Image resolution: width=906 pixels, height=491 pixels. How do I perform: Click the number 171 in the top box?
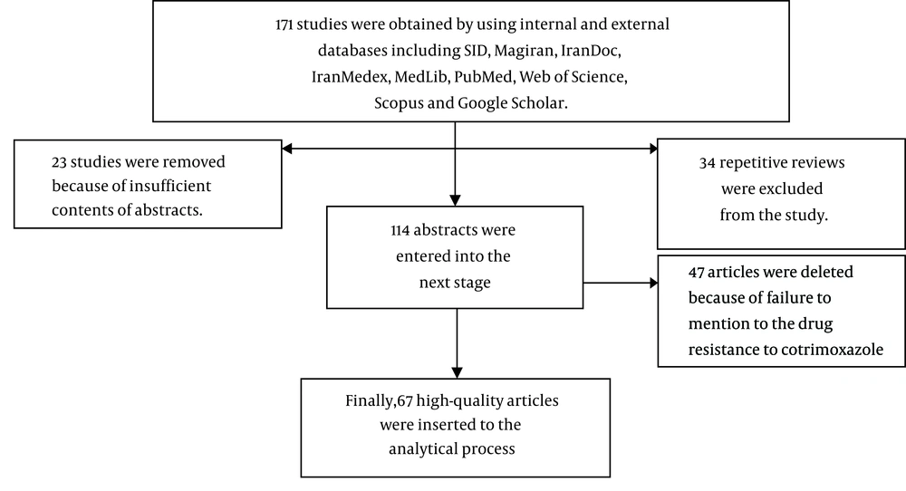click(x=284, y=24)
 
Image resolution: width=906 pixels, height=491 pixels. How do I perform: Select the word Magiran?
click(x=525, y=51)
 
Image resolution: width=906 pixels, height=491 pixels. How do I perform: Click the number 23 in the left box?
click(x=59, y=162)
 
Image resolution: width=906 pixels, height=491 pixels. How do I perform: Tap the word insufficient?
click(x=170, y=186)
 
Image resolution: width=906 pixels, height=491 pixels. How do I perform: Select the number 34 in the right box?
click(x=708, y=163)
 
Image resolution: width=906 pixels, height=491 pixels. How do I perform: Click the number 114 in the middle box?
click(x=400, y=230)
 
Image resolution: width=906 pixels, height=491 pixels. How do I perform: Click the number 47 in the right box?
click(x=696, y=272)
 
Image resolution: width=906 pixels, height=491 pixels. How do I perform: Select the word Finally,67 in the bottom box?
click(x=379, y=401)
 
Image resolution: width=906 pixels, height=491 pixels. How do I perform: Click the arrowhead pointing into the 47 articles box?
click(x=653, y=283)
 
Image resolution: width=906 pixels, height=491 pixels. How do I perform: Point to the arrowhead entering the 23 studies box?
click(x=286, y=149)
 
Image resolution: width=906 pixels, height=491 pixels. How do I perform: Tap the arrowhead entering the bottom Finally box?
click(x=457, y=373)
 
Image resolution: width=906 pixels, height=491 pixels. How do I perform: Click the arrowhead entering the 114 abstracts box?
click(x=455, y=201)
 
